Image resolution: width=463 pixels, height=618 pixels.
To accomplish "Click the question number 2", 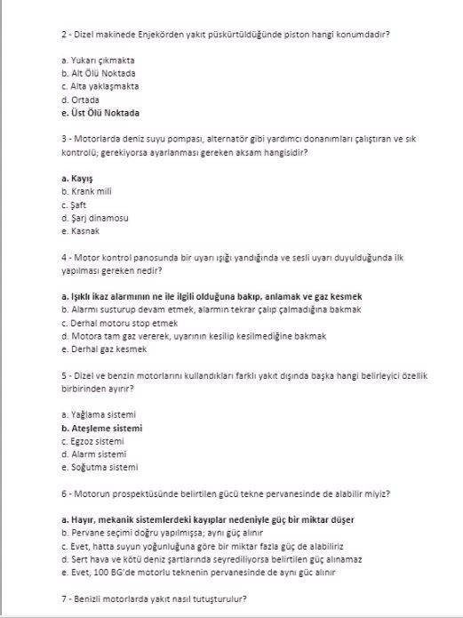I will tap(64, 34).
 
